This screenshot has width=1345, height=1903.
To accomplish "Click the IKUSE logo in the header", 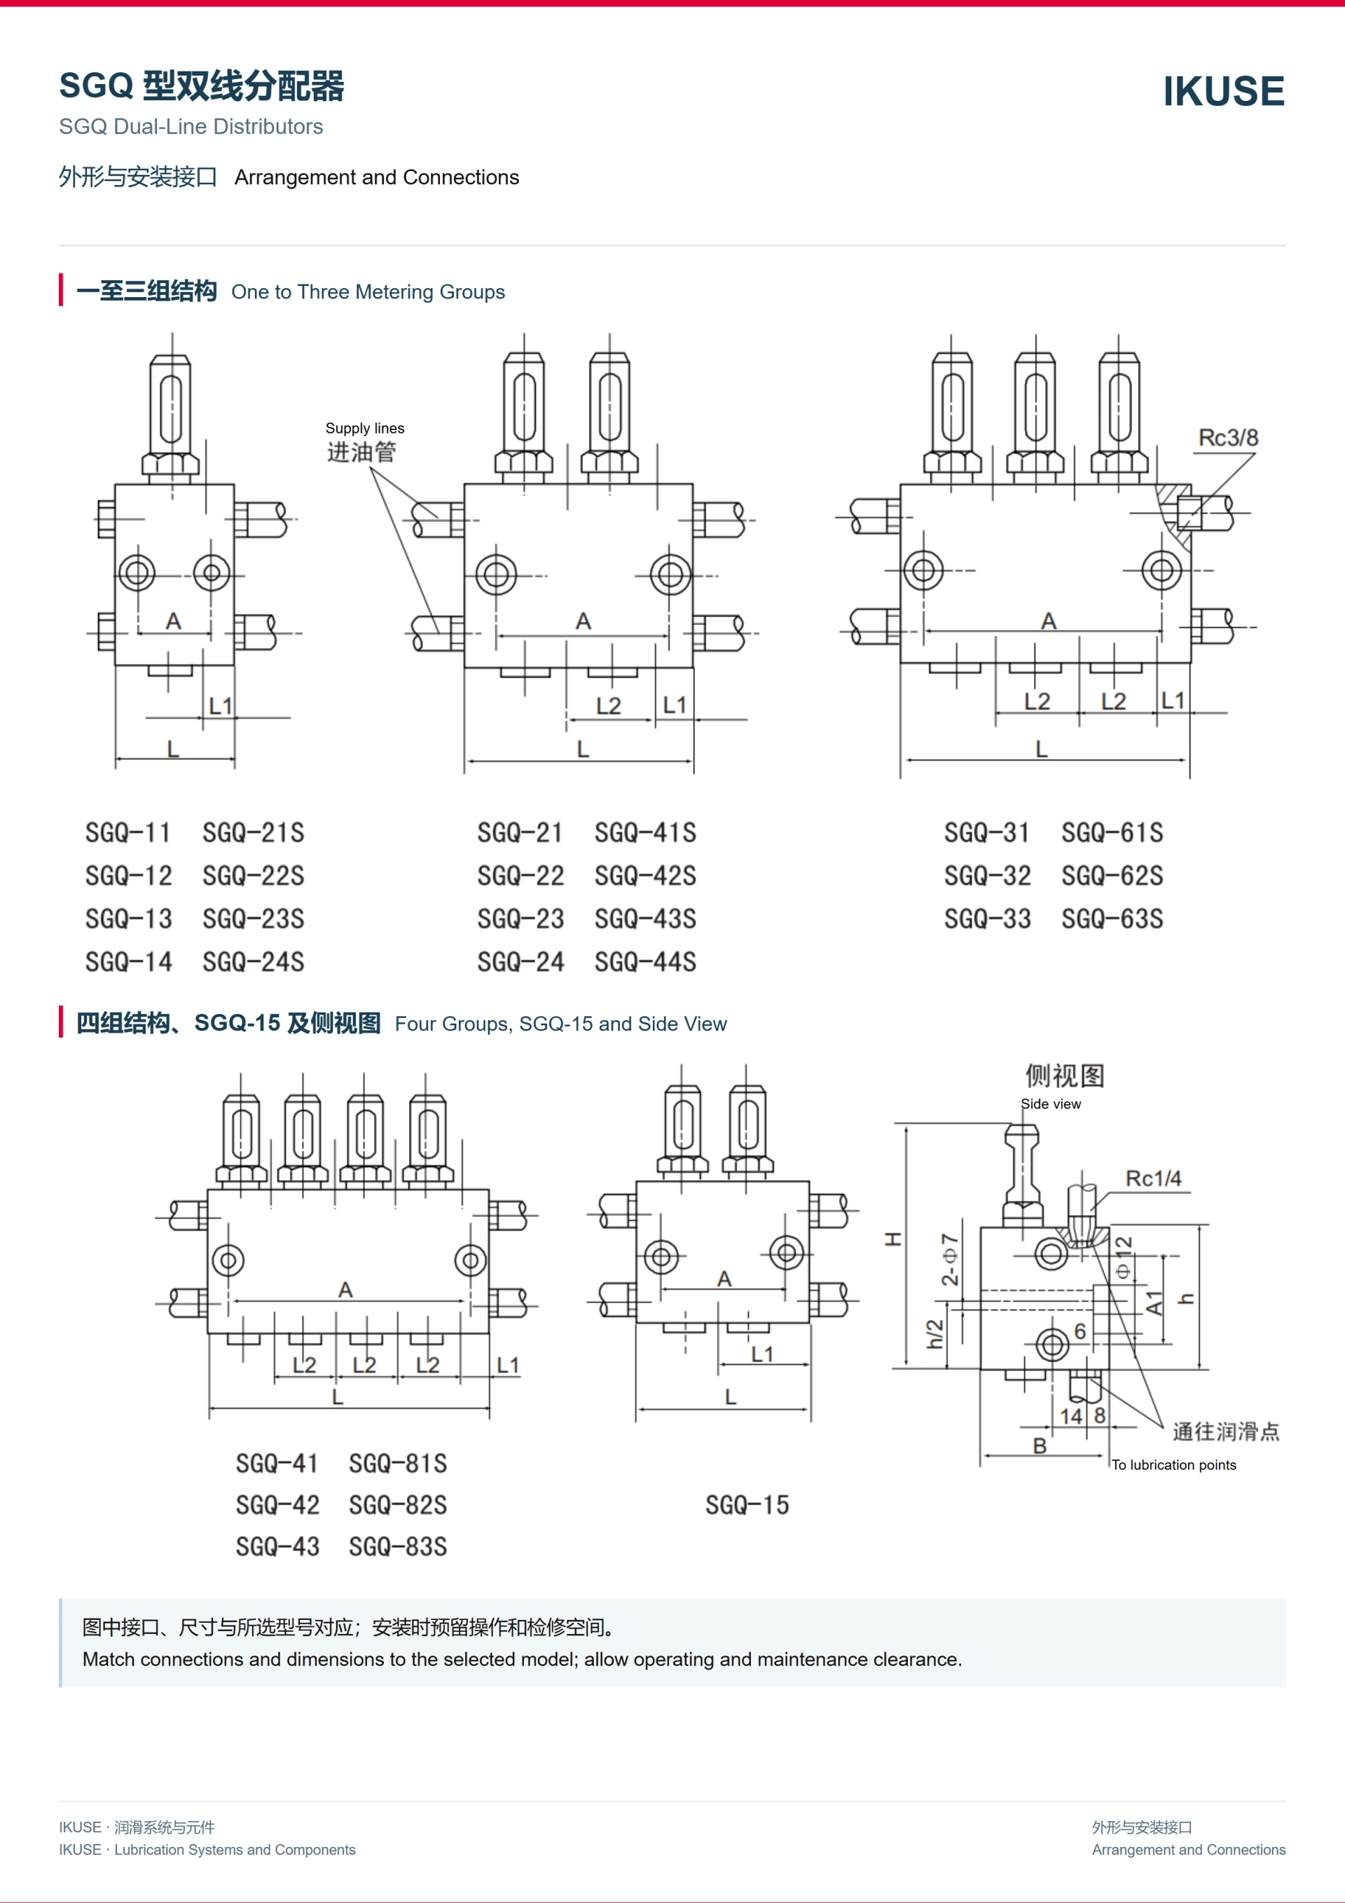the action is point(1223,91).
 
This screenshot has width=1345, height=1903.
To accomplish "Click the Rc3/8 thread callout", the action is point(1228,438).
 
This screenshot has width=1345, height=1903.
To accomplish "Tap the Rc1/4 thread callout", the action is point(1154,1178).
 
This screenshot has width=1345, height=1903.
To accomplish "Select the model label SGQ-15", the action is point(747,1505).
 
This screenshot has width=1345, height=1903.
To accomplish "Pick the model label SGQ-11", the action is point(127,832).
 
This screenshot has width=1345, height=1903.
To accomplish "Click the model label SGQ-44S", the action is point(646,961).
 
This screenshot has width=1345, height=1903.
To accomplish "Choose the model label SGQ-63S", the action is point(1112,919).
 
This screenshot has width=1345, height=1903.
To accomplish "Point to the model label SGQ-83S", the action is point(398,1546).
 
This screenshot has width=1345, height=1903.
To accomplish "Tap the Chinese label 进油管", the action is point(361,452).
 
